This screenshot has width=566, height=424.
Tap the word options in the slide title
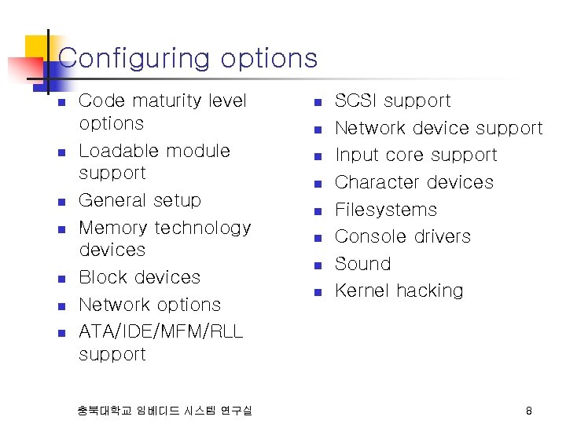(269, 59)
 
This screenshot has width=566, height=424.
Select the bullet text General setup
(140, 201)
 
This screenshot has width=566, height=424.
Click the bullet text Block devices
(140, 278)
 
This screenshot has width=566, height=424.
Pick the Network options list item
(150, 305)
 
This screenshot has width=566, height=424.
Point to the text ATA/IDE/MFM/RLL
(161, 332)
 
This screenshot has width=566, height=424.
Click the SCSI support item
(392, 101)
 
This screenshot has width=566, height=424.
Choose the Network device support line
(439, 128)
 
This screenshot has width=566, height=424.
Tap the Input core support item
(416, 155)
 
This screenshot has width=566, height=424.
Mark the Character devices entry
(414, 183)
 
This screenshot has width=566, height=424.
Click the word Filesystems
(385, 210)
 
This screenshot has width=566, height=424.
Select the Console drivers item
(402, 236)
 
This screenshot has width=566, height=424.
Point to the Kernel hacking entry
(399, 291)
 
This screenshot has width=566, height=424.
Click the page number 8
(529, 411)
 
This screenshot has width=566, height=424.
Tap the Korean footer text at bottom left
(165, 411)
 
